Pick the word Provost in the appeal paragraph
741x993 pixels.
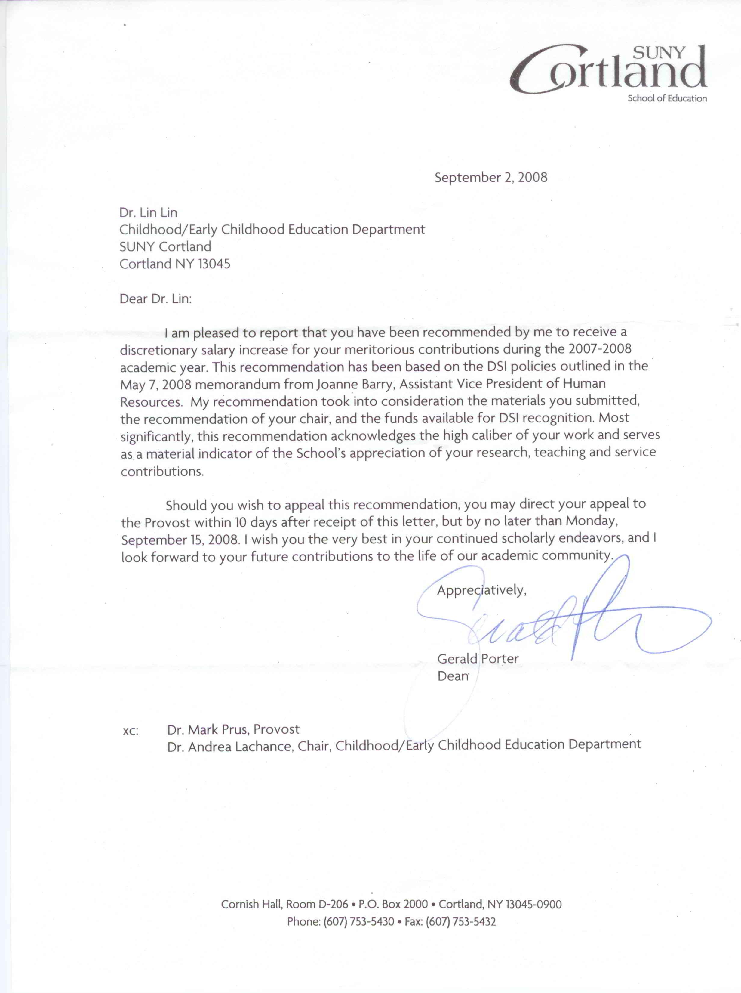point(167,523)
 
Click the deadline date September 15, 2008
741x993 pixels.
point(180,540)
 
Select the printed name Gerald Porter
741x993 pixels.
point(478,659)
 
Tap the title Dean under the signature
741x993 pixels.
point(453,676)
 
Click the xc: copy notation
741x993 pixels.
point(131,731)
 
